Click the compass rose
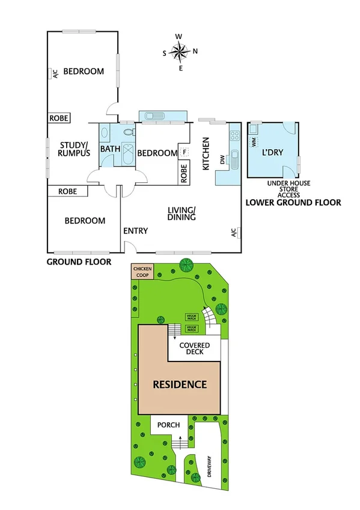point(179,52)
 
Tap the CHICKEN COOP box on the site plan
point(143,271)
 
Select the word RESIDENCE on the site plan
point(179,384)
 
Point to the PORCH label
point(169,425)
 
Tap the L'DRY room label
point(273,153)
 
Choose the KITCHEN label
point(205,154)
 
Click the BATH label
point(110,149)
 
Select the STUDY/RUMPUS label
point(74,149)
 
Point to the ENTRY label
point(135,231)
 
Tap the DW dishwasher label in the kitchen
point(222,160)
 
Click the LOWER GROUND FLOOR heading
point(293,203)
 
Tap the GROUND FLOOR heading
point(79,262)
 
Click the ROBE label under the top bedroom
point(58,118)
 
